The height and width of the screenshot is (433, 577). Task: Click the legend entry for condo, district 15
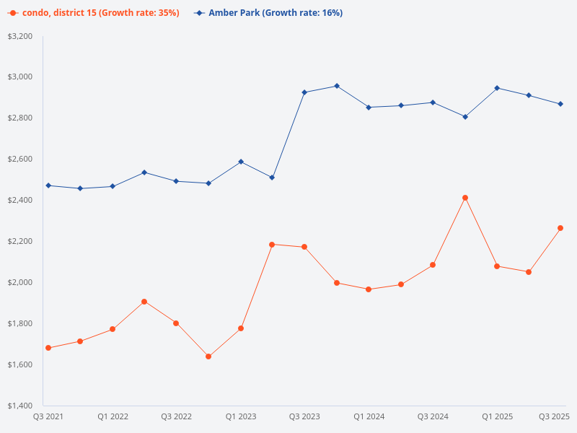pyautogui.click(x=94, y=13)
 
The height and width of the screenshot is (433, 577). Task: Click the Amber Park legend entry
pyautogui.click(x=268, y=13)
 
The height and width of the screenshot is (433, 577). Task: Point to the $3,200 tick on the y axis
pyautogui.click(x=20, y=36)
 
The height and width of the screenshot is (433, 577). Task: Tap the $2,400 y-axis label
pyautogui.click(x=20, y=200)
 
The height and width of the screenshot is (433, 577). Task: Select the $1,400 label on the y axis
pyautogui.click(x=20, y=406)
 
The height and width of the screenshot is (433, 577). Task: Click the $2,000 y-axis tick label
pyautogui.click(x=20, y=282)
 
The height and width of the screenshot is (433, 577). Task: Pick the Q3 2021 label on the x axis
pyautogui.click(x=48, y=416)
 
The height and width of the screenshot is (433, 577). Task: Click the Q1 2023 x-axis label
pyautogui.click(x=240, y=416)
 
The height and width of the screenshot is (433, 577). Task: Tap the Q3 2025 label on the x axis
pyautogui.click(x=555, y=416)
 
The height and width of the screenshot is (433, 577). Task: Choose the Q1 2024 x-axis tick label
pyautogui.click(x=369, y=416)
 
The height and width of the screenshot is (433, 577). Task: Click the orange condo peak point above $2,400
pyautogui.click(x=465, y=198)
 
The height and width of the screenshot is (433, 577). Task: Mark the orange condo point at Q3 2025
pyautogui.click(x=560, y=228)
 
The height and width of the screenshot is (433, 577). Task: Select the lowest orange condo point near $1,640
pyautogui.click(x=208, y=357)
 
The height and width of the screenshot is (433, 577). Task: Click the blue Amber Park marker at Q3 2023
pyautogui.click(x=304, y=92)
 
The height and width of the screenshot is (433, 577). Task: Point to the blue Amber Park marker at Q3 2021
pyautogui.click(x=48, y=185)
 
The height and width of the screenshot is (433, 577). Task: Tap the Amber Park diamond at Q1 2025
pyautogui.click(x=497, y=88)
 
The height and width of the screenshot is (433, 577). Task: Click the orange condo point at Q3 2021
pyautogui.click(x=48, y=348)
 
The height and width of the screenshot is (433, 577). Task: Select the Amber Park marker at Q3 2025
pyautogui.click(x=560, y=104)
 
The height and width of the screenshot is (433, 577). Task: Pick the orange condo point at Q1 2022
pyautogui.click(x=113, y=329)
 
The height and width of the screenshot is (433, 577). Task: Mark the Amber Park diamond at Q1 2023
pyautogui.click(x=240, y=162)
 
